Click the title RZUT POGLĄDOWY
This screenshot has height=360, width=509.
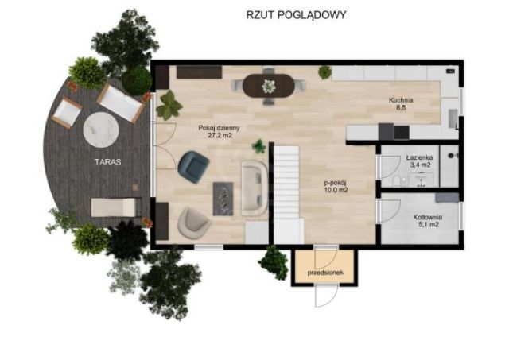point(296,15)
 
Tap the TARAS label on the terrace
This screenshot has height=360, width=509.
point(108,162)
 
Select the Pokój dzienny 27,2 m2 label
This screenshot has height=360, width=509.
point(220,131)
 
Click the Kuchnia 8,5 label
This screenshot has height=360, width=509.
point(401,104)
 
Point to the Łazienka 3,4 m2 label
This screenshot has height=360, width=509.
point(419,161)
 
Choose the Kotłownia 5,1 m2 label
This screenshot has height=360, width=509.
point(427,220)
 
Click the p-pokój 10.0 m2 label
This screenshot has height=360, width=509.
point(336,187)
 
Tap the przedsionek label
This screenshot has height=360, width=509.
point(325,273)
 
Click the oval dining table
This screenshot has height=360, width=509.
point(269,86)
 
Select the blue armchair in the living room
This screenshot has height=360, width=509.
point(193,167)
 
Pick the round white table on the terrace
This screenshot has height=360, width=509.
point(101,130)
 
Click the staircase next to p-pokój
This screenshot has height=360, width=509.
point(286,182)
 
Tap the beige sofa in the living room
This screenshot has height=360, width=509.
point(254,188)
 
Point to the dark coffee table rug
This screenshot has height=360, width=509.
point(223,199)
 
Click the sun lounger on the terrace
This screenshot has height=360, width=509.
point(114,207)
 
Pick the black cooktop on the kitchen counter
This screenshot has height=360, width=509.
point(402,133)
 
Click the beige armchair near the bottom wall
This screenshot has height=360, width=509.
point(193,223)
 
